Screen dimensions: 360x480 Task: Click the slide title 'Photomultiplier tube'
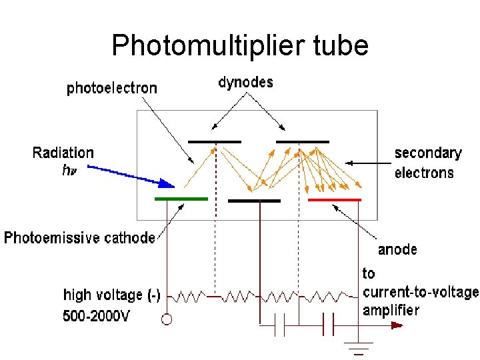pos(240,46)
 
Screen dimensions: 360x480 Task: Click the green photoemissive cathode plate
pos(181,199)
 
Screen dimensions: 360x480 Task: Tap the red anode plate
pos(335,199)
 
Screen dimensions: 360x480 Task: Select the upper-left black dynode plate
pos(215,141)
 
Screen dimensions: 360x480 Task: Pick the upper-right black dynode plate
pos(303,141)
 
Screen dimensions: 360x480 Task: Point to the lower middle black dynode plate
pos(254,199)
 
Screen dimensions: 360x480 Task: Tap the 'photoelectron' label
pos(112,88)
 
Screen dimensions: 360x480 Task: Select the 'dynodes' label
pos(246,82)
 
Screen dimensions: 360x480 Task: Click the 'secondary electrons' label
pos(428,163)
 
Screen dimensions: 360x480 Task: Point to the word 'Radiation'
pos(63,153)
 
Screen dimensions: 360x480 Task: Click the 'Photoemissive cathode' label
pos(80,238)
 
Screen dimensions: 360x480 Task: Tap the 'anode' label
pos(397,249)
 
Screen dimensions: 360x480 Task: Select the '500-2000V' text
pos(97,316)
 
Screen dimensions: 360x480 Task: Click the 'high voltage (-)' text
pos(111,295)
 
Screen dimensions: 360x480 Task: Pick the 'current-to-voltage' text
pos(420,292)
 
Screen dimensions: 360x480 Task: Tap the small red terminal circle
pos(166,319)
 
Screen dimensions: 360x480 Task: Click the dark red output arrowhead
pos(397,325)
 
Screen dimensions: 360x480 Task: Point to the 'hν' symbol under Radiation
pos(68,171)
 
